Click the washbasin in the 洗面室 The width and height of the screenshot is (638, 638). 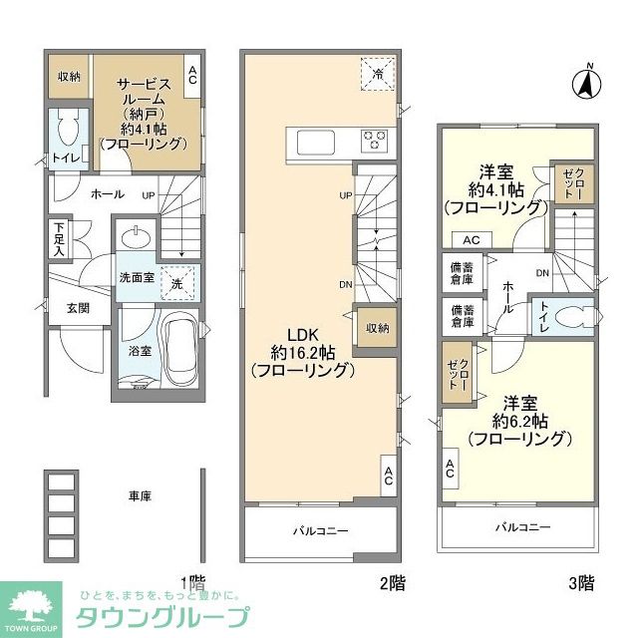click(x=136, y=238)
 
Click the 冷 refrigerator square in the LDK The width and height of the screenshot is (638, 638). click(x=378, y=73)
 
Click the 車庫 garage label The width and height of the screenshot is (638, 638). click(x=140, y=495)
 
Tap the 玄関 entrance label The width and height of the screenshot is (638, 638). click(x=80, y=308)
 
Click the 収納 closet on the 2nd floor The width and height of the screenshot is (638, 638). click(x=376, y=327)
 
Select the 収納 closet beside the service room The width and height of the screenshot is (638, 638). click(x=69, y=75)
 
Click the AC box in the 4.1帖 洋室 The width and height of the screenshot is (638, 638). click(x=472, y=239)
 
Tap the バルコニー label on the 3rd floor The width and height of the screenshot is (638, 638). click(x=522, y=526)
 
